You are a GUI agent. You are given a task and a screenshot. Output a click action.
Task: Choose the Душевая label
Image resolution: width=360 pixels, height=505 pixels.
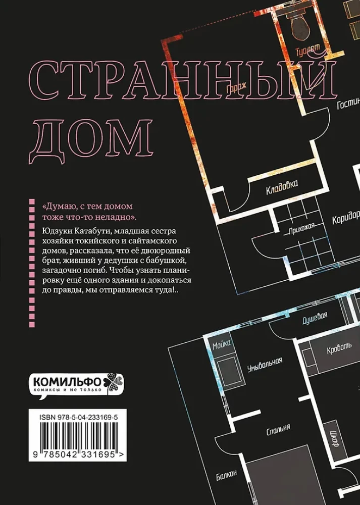click(314, 318)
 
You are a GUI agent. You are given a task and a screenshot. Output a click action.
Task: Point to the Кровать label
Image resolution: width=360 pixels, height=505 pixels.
click(328, 349)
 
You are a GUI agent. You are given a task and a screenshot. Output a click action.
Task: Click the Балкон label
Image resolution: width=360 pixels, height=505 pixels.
click(227, 477)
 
